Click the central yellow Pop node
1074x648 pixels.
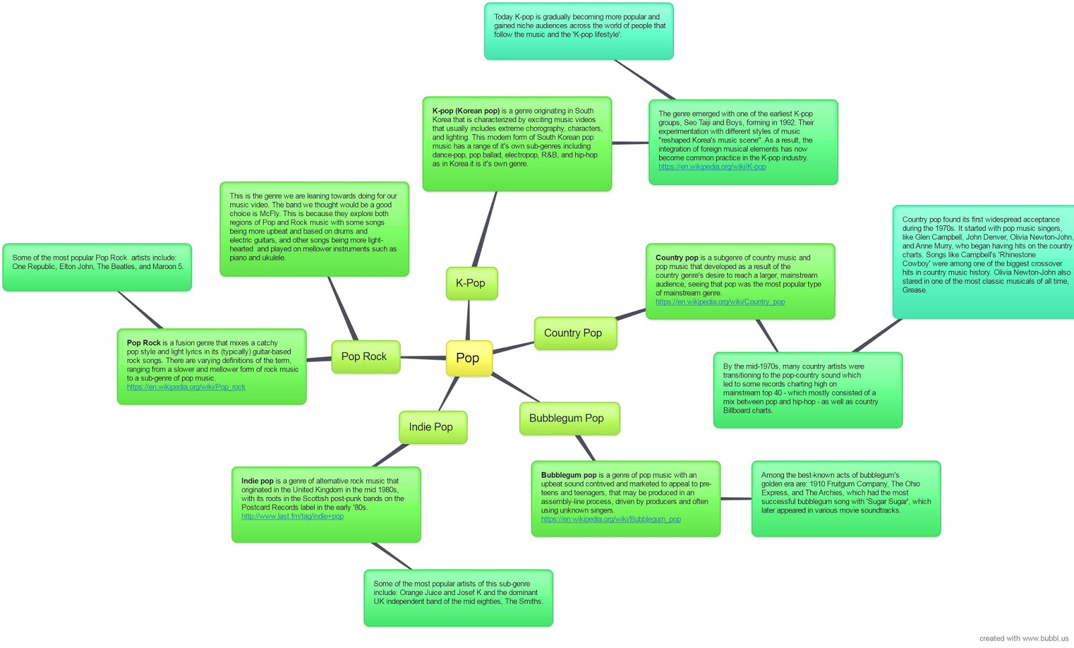click(468, 358)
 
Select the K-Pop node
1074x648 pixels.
click(471, 283)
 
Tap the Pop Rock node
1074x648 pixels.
click(364, 356)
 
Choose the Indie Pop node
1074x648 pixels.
click(431, 427)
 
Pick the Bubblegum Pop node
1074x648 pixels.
click(567, 418)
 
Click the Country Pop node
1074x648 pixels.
click(573, 333)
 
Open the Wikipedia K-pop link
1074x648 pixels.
click(712, 167)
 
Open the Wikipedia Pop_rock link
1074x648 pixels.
click(186, 387)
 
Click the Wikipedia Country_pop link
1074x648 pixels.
click(720, 302)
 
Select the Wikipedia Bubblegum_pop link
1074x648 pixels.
click(610, 519)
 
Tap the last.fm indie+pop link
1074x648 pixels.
click(292, 517)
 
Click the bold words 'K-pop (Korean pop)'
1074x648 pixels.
click(466, 111)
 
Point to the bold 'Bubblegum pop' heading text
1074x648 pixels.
click(569, 475)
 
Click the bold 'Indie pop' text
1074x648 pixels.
click(257, 481)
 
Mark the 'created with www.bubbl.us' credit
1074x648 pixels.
click(1023, 639)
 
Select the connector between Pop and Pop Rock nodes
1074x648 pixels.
click(424, 358)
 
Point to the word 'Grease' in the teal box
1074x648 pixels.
click(914, 290)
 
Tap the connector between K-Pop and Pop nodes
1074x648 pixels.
click(468, 320)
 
